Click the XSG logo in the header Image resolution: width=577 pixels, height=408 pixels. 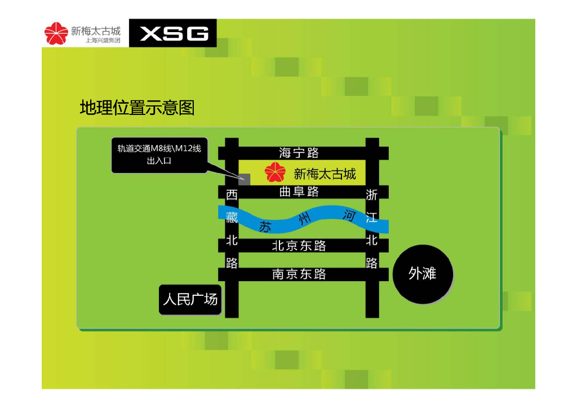pos(174,34)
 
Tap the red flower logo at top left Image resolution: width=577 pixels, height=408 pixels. pos(56,33)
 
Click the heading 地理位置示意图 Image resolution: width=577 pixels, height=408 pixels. pos(137,107)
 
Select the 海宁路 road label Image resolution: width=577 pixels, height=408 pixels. pos(299,152)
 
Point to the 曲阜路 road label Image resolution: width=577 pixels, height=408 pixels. pos(299,192)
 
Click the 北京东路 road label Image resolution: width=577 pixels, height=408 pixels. pos(299,246)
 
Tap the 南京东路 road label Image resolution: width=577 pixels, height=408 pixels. pos(299,274)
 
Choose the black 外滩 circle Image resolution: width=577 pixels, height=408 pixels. pos(423,274)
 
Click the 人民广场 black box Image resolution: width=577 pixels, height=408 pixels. pos(190,299)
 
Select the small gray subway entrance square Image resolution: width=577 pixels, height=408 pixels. pos(245,179)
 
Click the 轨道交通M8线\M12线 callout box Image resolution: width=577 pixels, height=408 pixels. pos(159,154)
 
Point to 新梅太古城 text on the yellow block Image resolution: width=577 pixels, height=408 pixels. pos(325,174)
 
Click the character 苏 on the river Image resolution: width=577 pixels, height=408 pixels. pos(266,227)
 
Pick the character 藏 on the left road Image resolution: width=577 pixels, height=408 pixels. pos(232,216)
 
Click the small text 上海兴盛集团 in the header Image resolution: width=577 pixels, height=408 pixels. pos(103,41)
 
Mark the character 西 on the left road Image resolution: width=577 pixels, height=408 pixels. pos(232,196)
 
